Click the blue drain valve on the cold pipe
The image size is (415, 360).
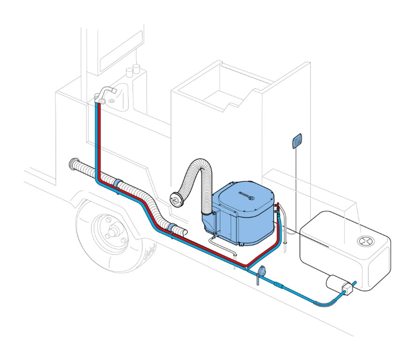coord(261,272)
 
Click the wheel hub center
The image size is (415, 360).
coord(113,231)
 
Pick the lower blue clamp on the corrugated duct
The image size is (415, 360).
coord(173,228)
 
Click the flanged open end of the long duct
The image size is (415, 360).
coord(73,164)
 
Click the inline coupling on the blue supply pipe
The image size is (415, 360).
coord(278,284)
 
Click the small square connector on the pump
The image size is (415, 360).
coord(348,288)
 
